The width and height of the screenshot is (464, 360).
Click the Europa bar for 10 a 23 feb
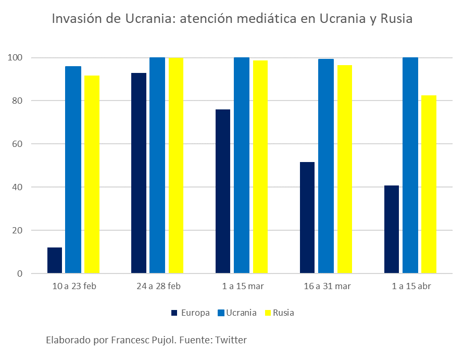point(55,260)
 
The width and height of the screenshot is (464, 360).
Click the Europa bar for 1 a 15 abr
point(392,229)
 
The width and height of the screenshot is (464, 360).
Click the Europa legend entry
point(191,313)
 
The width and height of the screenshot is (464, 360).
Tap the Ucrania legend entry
point(236,313)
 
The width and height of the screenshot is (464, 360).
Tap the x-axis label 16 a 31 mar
point(327,286)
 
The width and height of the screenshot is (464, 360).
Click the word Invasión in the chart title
point(76,19)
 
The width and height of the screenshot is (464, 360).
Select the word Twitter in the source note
point(231,340)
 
